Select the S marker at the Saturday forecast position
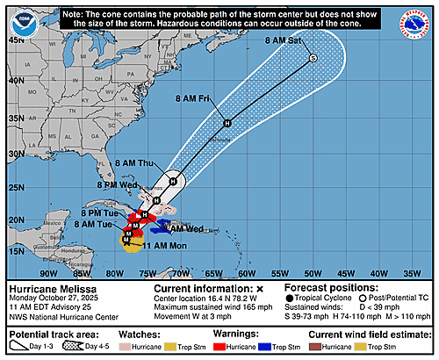313,58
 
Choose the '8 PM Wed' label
119,184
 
